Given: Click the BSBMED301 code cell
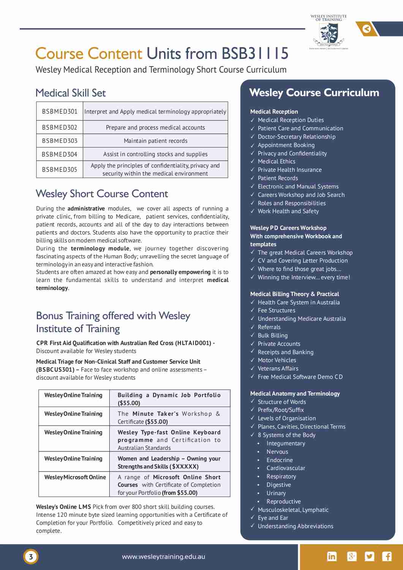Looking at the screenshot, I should (x=60, y=111).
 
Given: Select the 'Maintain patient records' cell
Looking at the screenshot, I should (x=155, y=141).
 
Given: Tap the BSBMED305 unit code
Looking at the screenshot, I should (x=60, y=169).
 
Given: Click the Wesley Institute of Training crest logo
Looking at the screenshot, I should (x=329, y=33).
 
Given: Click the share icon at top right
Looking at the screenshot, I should (x=367, y=29).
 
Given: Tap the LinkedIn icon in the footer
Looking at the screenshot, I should (x=332, y=557).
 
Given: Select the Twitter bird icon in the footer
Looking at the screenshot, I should (x=369, y=557).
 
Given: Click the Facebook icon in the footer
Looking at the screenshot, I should (x=387, y=557).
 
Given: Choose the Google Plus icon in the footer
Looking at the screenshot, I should (x=352, y=557).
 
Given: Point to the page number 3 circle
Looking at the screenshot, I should (x=31, y=557).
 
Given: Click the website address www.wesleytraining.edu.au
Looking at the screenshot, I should (x=163, y=557).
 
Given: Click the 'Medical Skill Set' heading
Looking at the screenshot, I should (x=71, y=93).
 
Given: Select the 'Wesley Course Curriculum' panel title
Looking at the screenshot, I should (x=314, y=93).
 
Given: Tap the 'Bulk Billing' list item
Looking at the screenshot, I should (x=272, y=336).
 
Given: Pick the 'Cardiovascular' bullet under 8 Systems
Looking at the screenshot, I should (x=286, y=468).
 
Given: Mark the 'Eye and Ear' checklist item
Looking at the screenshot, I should (x=273, y=518).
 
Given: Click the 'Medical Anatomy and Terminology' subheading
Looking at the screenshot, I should (x=295, y=394).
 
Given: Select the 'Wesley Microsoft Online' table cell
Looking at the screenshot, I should (x=75, y=477).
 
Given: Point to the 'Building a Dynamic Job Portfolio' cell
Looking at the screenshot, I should (x=169, y=399).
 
